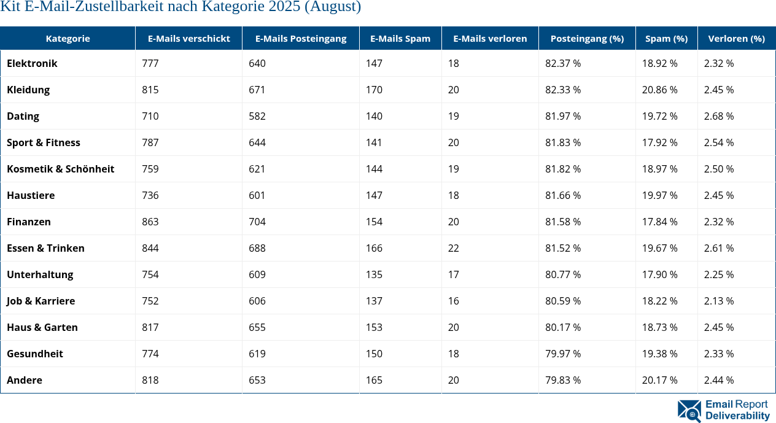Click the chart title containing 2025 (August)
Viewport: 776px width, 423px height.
(180, 7)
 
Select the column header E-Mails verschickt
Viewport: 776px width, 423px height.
(188, 38)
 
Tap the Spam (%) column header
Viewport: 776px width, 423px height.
(666, 38)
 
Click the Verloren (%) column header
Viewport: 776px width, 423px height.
(736, 38)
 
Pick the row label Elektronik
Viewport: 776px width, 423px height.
(32, 63)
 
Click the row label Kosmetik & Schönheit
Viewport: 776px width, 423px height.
(60, 169)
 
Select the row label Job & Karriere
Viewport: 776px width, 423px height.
(41, 301)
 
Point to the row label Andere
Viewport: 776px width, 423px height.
(25, 380)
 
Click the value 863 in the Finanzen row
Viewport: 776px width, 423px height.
(150, 222)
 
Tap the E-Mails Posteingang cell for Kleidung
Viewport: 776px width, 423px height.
(257, 90)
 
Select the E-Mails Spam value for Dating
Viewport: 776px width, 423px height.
(374, 116)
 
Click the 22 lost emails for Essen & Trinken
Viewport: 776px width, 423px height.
(454, 248)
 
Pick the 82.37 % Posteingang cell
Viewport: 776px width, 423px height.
(563, 63)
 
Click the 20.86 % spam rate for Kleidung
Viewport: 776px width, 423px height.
(660, 90)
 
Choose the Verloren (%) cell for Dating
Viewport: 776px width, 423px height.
(719, 116)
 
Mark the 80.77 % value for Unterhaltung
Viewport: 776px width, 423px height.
(563, 274)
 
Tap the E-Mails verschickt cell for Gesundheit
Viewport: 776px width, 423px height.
(150, 354)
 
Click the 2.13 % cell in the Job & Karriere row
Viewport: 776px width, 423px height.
(719, 301)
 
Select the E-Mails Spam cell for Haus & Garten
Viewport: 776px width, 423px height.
(374, 327)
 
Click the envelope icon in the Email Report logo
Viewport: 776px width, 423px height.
(689, 411)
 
